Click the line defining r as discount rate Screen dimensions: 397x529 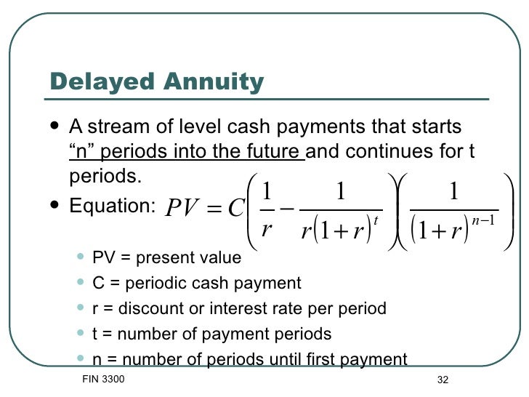click(239, 308)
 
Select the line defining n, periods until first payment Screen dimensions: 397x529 click(250, 358)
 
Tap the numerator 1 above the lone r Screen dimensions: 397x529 click(266, 190)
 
